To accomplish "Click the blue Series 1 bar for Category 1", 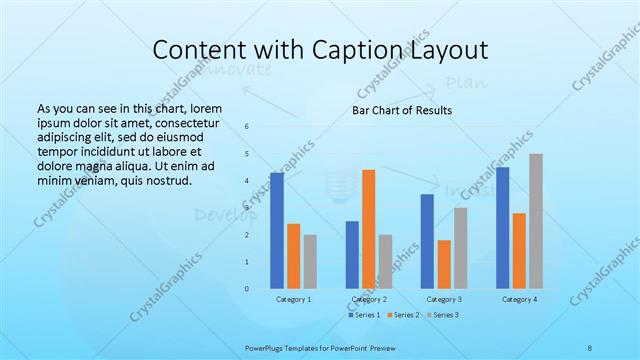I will point(277,231).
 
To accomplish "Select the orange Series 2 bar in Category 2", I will point(368,229).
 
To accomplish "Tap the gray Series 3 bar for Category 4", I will point(536,221).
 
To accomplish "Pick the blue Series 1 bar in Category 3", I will point(427,241).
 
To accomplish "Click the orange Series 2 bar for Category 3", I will point(444,264).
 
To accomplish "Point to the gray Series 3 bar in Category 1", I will point(310,262).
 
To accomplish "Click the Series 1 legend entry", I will point(364,316).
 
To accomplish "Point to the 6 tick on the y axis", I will point(246,126).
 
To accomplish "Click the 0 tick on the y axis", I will point(246,289).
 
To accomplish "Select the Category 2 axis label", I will point(368,299).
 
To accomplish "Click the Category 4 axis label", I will point(519,299).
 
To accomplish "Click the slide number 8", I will point(590,348).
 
